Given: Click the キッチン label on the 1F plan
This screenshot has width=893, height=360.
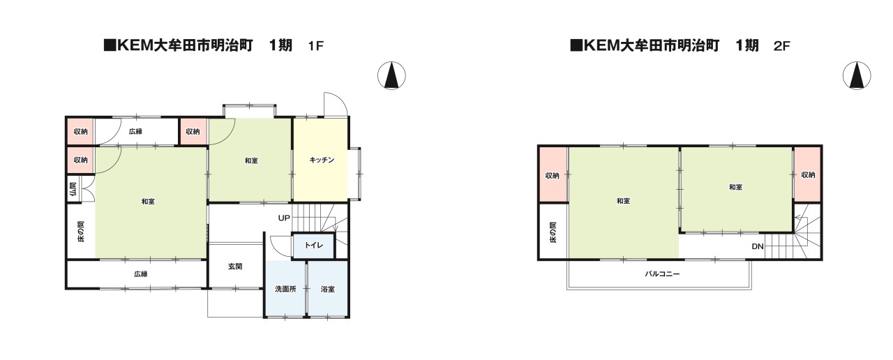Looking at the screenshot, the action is (322, 160).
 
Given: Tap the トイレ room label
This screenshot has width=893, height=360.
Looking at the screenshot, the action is (314, 245).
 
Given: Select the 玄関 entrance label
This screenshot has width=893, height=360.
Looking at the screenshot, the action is (235, 267).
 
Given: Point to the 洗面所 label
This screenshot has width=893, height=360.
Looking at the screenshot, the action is (285, 289).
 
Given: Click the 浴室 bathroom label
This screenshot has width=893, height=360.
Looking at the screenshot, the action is (328, 289).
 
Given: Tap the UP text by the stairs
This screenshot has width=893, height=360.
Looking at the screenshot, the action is (284, 218).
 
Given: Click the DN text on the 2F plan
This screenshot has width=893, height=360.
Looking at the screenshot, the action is (758, 246).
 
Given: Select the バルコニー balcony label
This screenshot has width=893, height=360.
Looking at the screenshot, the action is (662, 274).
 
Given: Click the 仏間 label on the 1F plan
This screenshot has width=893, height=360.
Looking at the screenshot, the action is (73, 189).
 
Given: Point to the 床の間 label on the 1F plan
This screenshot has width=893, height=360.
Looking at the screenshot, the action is (81, 232).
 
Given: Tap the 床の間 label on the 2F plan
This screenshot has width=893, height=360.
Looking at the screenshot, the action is (553, 232).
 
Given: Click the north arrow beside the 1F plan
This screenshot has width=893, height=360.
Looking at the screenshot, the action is (391, 75).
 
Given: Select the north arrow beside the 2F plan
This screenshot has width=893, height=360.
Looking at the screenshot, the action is (857, 75).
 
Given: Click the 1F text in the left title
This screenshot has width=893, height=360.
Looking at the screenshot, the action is (315, 46).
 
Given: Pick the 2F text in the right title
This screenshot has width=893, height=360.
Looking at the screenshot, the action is (781, 46).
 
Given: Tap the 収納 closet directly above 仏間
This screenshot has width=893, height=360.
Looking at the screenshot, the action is (80, 160).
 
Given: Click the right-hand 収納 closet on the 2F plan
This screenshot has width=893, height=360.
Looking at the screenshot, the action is (808, 174).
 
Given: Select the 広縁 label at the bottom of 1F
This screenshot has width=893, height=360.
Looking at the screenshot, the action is (141, 274).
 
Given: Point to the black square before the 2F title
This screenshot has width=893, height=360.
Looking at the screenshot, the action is (576, 46).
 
